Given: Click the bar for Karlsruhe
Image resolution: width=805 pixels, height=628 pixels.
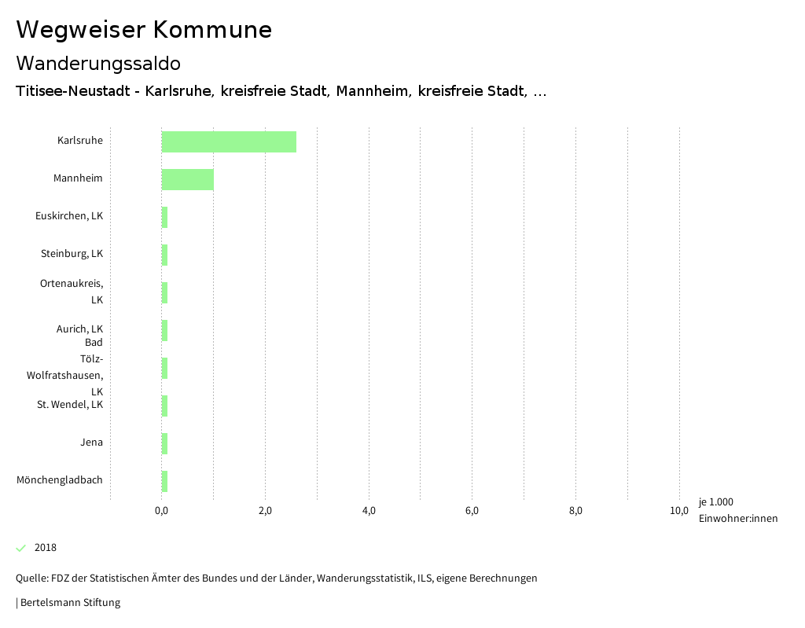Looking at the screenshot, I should pos(229,141).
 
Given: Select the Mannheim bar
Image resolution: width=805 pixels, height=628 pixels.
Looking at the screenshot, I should pos(187,179).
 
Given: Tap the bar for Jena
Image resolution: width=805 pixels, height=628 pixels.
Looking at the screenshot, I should pos(164,443).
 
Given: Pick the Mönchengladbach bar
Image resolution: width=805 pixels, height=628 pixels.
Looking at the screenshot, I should pos(164,481).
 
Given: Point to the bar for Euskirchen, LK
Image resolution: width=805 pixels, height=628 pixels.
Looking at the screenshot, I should pos(164,217).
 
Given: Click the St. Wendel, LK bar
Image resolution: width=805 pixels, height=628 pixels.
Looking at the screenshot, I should pos(164,406).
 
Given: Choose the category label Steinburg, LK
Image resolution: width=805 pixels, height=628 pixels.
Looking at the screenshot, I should pos(72,254).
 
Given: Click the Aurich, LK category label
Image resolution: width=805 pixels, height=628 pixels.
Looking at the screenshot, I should pos(79,329).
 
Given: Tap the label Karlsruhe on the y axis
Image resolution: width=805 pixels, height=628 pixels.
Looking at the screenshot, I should pos(80,141).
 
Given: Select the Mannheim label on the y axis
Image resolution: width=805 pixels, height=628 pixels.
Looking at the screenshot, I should pos(78,178).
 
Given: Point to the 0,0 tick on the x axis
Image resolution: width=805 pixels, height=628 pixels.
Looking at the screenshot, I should pos(161,512).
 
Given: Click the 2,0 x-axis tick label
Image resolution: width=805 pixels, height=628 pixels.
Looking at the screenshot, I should pos(265,512).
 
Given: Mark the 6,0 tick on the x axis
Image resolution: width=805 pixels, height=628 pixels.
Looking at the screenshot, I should pos(472,512).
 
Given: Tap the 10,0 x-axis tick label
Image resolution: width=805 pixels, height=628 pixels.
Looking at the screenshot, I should pos(679,512).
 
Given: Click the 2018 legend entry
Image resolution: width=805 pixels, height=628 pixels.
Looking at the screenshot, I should pos(45,548).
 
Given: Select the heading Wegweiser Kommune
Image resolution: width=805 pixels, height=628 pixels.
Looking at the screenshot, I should pos(144,30).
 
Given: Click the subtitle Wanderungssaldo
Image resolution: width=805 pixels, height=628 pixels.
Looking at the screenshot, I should pos(98,63).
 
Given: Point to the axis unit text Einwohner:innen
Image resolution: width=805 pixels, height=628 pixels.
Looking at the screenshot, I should pos(737,519).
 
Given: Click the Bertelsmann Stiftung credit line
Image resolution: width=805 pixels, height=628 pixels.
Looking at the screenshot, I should pos(69,603).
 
